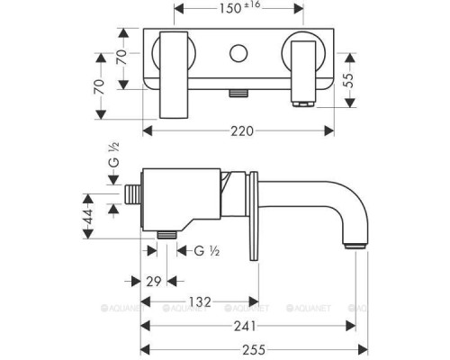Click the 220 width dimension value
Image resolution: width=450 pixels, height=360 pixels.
(x=242, y=131)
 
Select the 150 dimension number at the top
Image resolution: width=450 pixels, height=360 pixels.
(x=230, y=8)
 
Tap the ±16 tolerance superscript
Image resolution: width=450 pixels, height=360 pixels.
(x=252, y=5)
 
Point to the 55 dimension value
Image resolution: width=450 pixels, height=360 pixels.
(x=348, y=80)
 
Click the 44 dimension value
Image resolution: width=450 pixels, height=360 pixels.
(x=88, y=216)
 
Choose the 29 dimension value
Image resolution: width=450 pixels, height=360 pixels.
(x=154, y=282)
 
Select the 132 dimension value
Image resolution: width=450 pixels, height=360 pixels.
(x=200, y=301)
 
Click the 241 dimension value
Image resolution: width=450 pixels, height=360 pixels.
(x=245, y=326)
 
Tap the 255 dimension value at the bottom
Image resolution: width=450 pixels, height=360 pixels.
(x=254, y=350)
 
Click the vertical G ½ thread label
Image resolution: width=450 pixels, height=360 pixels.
(x=113, y=155)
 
